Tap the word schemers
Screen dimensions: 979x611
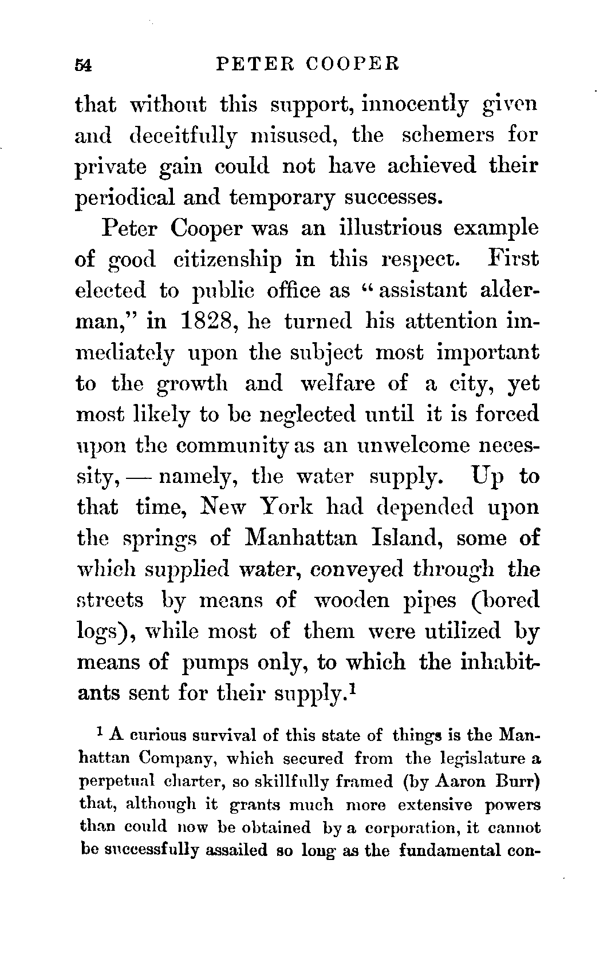pos(439,136)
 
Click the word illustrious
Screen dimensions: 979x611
pos(391,228)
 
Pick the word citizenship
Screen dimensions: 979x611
pos(227,259)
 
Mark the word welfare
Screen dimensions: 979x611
pos(340,383)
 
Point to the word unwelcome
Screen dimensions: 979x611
pos(410,445)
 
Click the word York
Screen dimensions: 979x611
pos(286,506)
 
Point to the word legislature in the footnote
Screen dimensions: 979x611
pos(478,759)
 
